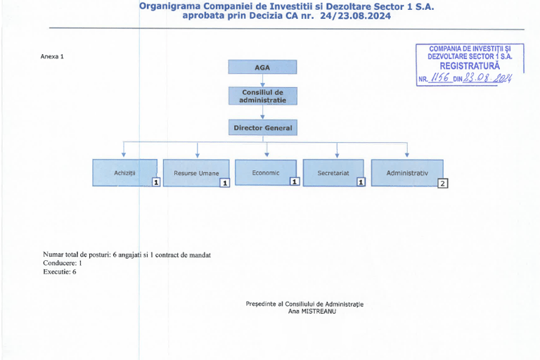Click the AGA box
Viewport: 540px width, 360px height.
pos(262,67)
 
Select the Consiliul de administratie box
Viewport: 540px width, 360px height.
pos(263,96)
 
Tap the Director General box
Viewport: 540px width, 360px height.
pos(263,127)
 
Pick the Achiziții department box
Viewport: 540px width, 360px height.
pos(124,172)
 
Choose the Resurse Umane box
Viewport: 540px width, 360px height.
pos(196,173)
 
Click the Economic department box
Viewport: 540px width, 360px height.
pos(266,172)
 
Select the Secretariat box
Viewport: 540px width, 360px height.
pos(333,172)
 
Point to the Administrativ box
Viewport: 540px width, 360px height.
pos(407,173)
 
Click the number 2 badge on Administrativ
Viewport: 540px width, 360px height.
pos(442,184)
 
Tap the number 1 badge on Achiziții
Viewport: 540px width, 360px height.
pos(156,182)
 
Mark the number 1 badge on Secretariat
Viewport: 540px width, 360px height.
pos(361,182)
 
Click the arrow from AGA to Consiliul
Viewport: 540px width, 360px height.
pos(262,80)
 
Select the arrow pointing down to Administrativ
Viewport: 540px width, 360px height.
pos(407,150)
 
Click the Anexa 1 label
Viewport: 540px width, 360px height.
pos(52,56)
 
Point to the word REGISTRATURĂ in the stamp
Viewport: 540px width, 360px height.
pos(470,66)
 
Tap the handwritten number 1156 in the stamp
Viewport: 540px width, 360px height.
pos(440,77)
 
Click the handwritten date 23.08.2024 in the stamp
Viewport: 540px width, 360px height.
pos(487,78)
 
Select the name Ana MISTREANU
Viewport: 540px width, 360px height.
pos(312,311)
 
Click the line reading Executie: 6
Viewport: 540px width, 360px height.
pos(60,272)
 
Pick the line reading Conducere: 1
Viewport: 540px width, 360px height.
pos(63,263)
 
